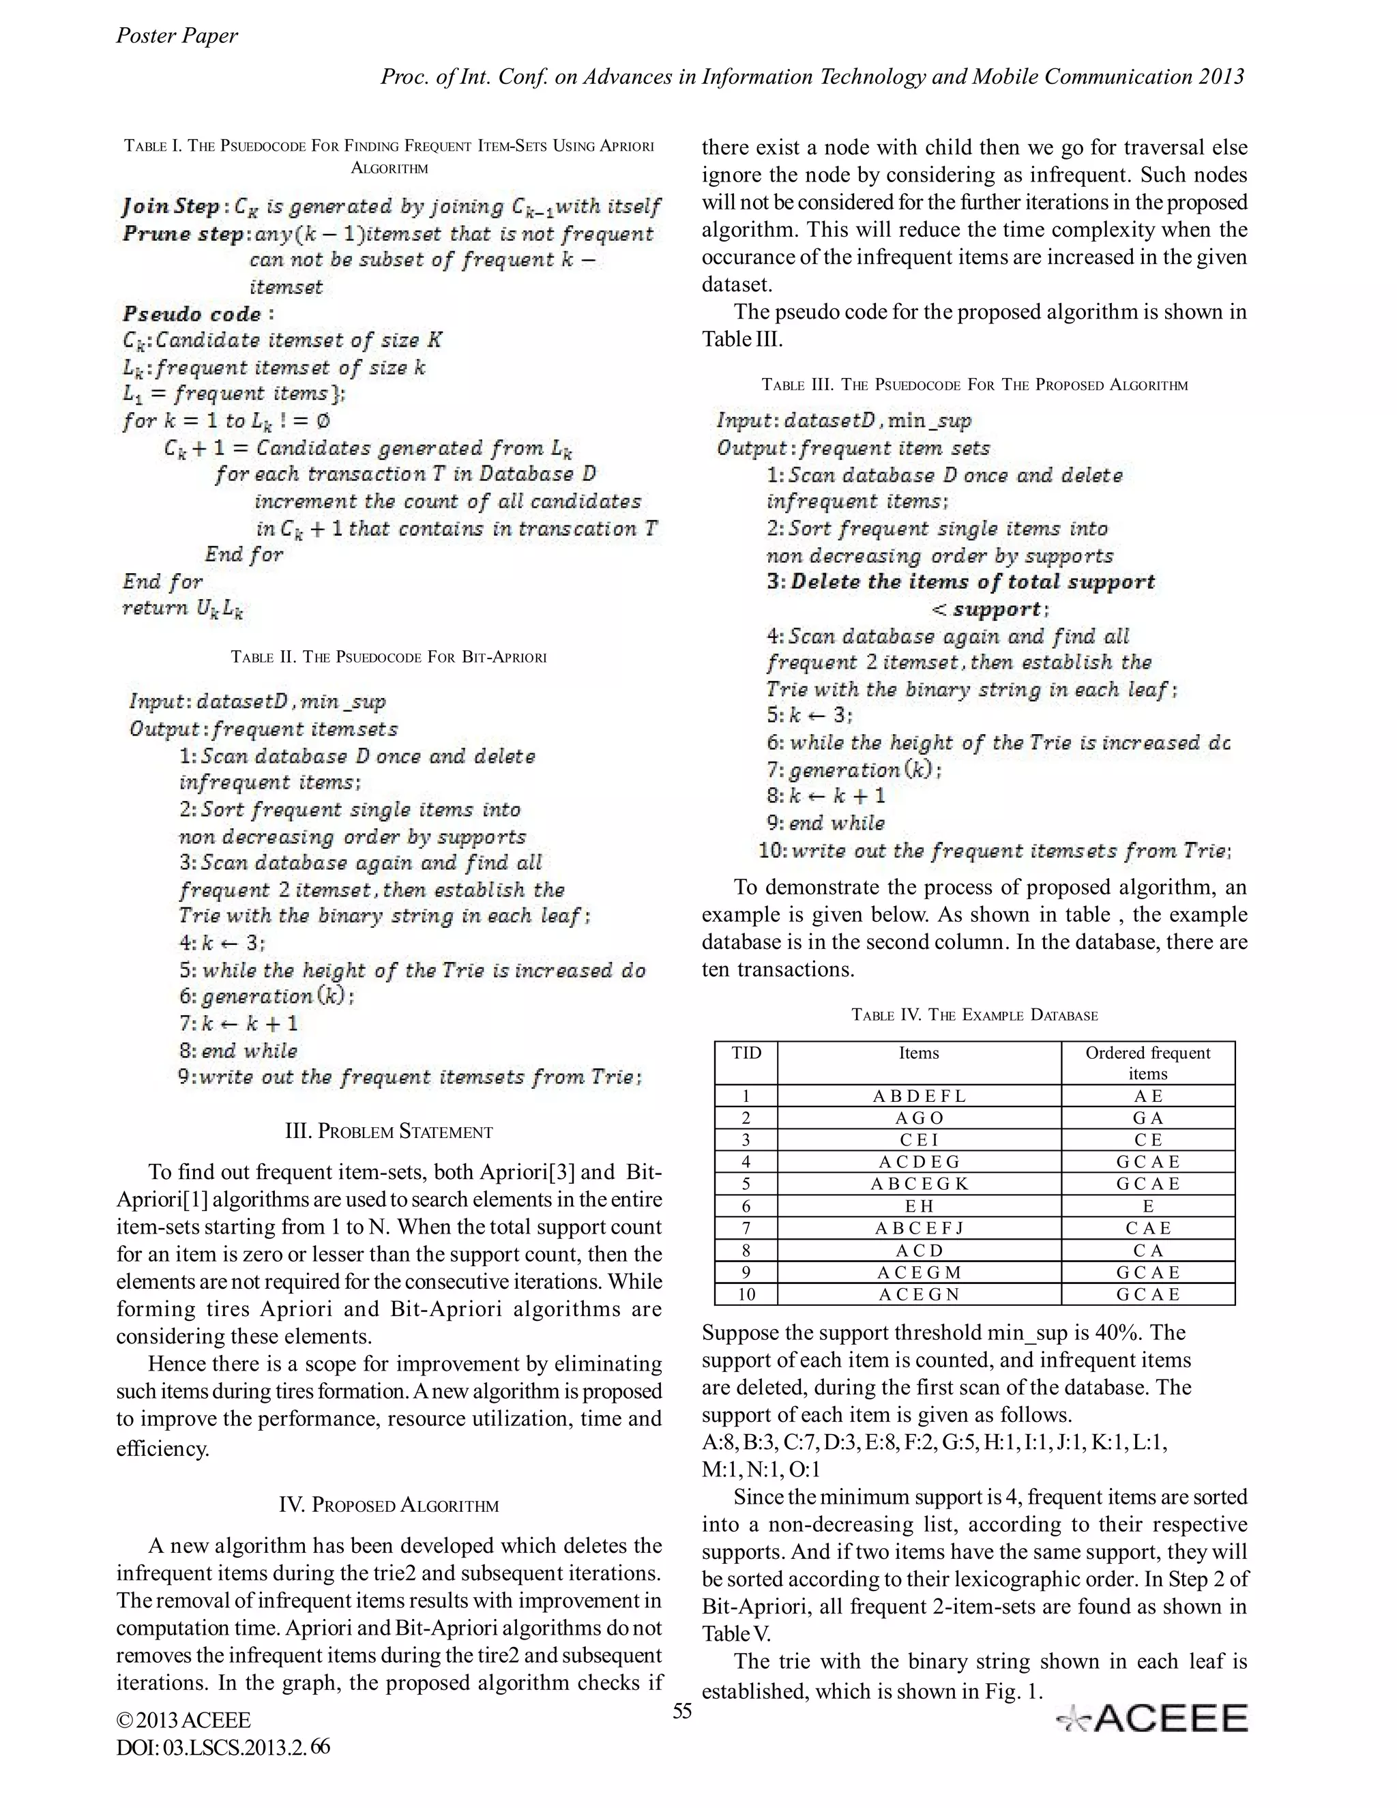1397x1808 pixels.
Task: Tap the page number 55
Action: pyautogui.click(x=681, y=1711)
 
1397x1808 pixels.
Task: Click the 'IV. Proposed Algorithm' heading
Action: pyautogui.click(x=388, y=1504)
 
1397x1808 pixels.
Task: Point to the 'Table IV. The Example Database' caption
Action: pyautogui.click(x=974, y=1015)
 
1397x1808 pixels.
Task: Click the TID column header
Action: pyautogui.click(x=746, y=1053)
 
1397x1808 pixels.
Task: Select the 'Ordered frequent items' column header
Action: pyautogui.click(x=1147, y=1063)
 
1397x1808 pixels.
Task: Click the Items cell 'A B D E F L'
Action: pyautogui.click(x=919, y=1096)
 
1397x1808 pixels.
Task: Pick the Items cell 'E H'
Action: pyautogui.click(x=919, y=1206)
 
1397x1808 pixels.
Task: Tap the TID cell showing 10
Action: pyautogui.click(x=746, y=1294)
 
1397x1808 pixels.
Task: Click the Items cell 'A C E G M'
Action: pyautogui.click(x=919, y=1272)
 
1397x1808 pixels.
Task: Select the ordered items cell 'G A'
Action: pyautogui.click(x=1147, y=1118)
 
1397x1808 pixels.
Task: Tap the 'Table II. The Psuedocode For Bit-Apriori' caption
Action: pyautogui.click(x=388, y=657)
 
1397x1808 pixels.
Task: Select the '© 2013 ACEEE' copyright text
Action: pyautogui.click(x=183, y=1721)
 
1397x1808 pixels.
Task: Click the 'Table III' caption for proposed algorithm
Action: pyautogui.click(x=974, y=385)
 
